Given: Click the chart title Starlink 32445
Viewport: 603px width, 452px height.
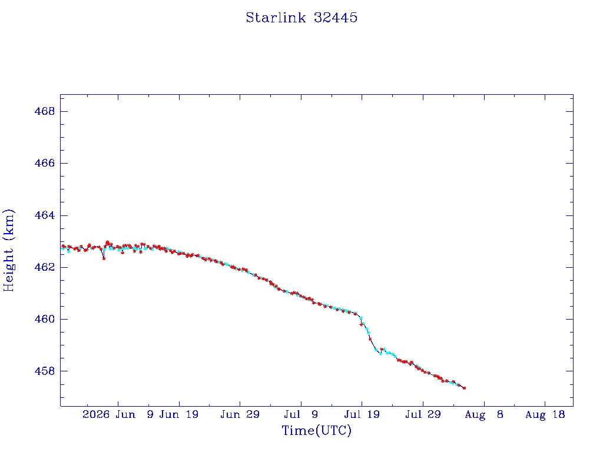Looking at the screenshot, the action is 301,18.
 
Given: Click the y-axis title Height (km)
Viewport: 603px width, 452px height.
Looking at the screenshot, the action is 8,250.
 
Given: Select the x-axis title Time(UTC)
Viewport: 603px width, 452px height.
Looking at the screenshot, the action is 316,430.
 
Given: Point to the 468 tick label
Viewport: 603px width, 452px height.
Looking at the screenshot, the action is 45,111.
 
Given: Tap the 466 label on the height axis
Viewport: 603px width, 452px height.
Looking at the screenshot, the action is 45,164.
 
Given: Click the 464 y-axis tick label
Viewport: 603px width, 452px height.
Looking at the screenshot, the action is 45,215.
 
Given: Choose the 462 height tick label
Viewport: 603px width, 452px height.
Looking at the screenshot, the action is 45,267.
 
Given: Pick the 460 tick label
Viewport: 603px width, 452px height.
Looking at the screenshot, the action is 45,319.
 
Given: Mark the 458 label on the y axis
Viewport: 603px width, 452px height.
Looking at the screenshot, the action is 45,371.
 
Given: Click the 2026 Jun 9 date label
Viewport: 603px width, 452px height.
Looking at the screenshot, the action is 118,414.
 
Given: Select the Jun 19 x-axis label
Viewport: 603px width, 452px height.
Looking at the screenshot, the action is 179,414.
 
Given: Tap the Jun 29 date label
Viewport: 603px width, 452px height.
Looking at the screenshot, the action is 240,414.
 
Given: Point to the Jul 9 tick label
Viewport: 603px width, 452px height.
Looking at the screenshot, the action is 301,414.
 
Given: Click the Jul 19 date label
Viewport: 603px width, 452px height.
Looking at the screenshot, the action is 362,414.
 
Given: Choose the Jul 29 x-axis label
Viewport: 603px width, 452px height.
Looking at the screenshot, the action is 423,414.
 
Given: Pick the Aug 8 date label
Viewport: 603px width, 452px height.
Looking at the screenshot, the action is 484,414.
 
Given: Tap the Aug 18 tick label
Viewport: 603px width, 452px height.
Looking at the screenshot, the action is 545,414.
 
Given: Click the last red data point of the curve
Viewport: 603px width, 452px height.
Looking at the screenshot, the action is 465,388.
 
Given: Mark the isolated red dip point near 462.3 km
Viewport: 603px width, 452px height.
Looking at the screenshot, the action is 104,259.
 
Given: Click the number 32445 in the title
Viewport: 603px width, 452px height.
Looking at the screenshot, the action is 336,18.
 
